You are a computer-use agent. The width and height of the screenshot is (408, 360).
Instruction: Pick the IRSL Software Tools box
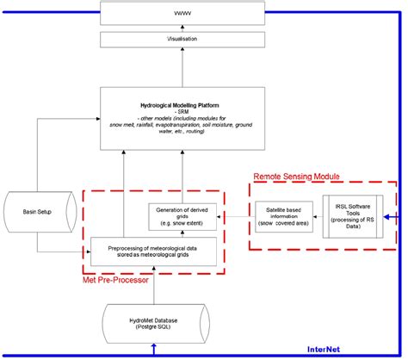coord(354,215)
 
